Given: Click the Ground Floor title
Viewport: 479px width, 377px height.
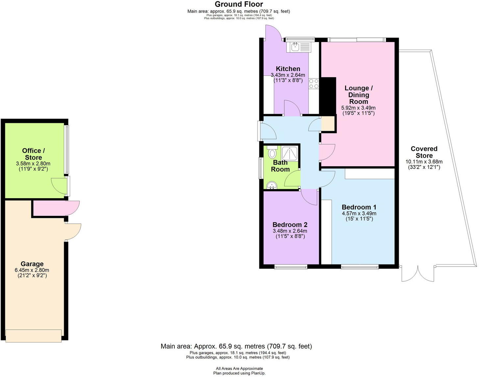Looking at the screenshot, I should [x=239, y=4].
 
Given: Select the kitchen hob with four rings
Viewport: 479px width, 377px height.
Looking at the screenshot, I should [x=314, y=83].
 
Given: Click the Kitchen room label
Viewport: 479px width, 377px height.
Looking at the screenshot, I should [x=288, y=69].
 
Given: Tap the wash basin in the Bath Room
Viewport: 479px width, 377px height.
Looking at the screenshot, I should [x=272, y=186].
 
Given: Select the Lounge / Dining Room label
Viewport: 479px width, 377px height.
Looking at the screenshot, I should [x=359, y=95].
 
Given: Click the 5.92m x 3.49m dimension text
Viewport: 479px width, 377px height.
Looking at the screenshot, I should [x=358, y=108].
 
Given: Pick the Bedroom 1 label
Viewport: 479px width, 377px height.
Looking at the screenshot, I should [x=359, y=207].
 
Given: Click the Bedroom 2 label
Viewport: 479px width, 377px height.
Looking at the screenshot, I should [x=290, y=225].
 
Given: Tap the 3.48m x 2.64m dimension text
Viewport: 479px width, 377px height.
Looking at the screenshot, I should [x=290, y=231].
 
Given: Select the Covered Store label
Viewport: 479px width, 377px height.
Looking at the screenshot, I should [x=424, y=152].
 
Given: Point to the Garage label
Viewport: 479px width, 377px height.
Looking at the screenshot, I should [x=32, y=264].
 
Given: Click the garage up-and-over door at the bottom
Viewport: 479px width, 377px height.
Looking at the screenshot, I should [x=34, y=336].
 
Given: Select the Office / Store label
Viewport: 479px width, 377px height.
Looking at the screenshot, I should [x=33, y=154].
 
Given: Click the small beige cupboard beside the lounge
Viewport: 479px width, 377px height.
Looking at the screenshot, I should [x=327, y=124].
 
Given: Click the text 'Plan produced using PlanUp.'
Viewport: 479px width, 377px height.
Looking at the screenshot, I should [x=239, y=373].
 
